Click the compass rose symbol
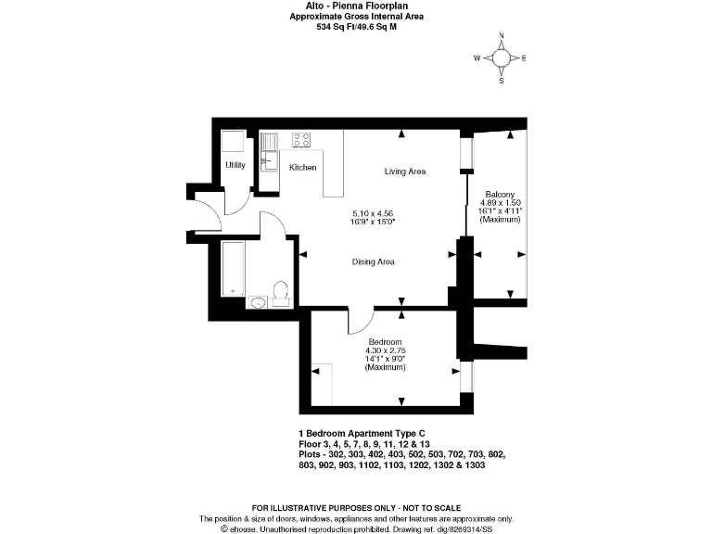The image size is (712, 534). pos(502,57)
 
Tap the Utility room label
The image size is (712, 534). pos(235,166)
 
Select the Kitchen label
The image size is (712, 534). pos(302,168)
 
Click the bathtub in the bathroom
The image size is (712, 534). pos(232,269)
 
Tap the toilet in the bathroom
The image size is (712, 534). pos(281,294)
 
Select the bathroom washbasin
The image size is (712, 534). pos(257,301)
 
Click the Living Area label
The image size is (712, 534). pos(404,172)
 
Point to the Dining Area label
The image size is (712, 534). pos(373,262)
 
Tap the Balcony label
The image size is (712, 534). pos(501,194)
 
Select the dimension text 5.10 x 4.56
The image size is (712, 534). pos(373,213)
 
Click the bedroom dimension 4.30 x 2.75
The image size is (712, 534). pos(385,349)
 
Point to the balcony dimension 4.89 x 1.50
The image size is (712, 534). pos(501,203)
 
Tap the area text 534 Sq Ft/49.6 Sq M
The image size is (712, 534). pos(356,28)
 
